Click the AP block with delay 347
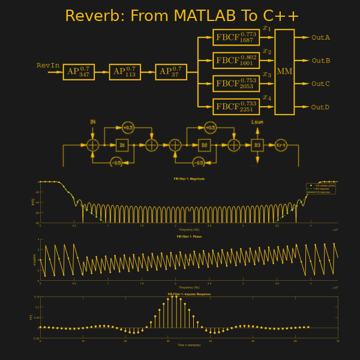pyautogui.click(x=79, y=72)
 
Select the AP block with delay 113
pyautogui.click(x=125, y=72)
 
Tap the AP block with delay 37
pyautogui.click(x=171, y=72)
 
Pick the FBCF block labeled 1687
pyautogui.click(x=236, y=37)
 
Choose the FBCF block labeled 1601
pyautogui.click(x=236, y=61)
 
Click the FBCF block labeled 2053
pyautogui.click(x=236, y=83)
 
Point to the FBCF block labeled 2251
pyautogui.click(x=236, y=107)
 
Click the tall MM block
pyautogui.click(x=284, y=72)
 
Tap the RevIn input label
pyautogui.click(x=48, y=65)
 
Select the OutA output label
pyautogui.click(x=320, y=38)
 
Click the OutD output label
pyautogui.click(x=320, y=107)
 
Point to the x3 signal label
pyautogui.click(x=267, y=74)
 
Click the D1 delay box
pyautogui.click(x=122, y=145)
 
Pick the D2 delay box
pyautogui.click(x=205, y=145)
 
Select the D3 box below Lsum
pyautogui.click(x=257, y=145)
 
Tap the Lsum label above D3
pyautogui.click(x=257, y=122)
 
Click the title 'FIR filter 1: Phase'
pyautogui.click(x=189, y=236)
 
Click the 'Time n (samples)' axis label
pyautogui.click(x=189, y=345)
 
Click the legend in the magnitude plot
pyautogui.click(x=320, y=188)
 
